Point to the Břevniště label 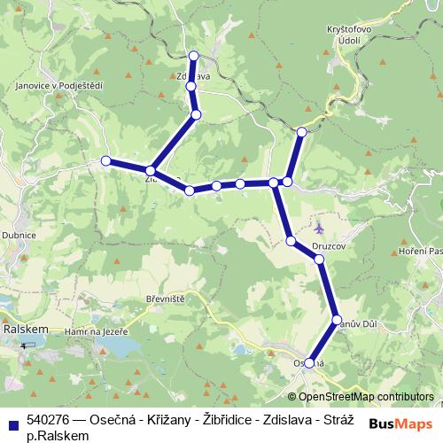tap(165, 299)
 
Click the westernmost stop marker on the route tap(106, 160)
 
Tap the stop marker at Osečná tap(309, 361)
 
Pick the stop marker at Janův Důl tap(337, 319)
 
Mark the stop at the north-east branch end tap(301, 132)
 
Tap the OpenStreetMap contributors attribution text tap(365, 397)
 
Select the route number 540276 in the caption tap(50, 419)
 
